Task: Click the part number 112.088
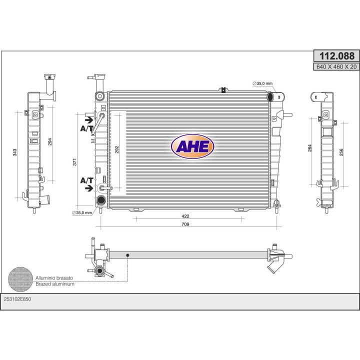pos(337,56)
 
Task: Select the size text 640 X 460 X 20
pos(336,67)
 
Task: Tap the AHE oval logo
pos(192,146)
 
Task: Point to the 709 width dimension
pos(185,224)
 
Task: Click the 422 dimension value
pos(185,216)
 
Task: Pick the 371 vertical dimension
pos(74,162)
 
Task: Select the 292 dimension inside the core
pos(117,149)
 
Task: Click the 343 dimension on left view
pos(14,152)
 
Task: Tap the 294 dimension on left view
pos(50,141)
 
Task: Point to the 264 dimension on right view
pos(309,148)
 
